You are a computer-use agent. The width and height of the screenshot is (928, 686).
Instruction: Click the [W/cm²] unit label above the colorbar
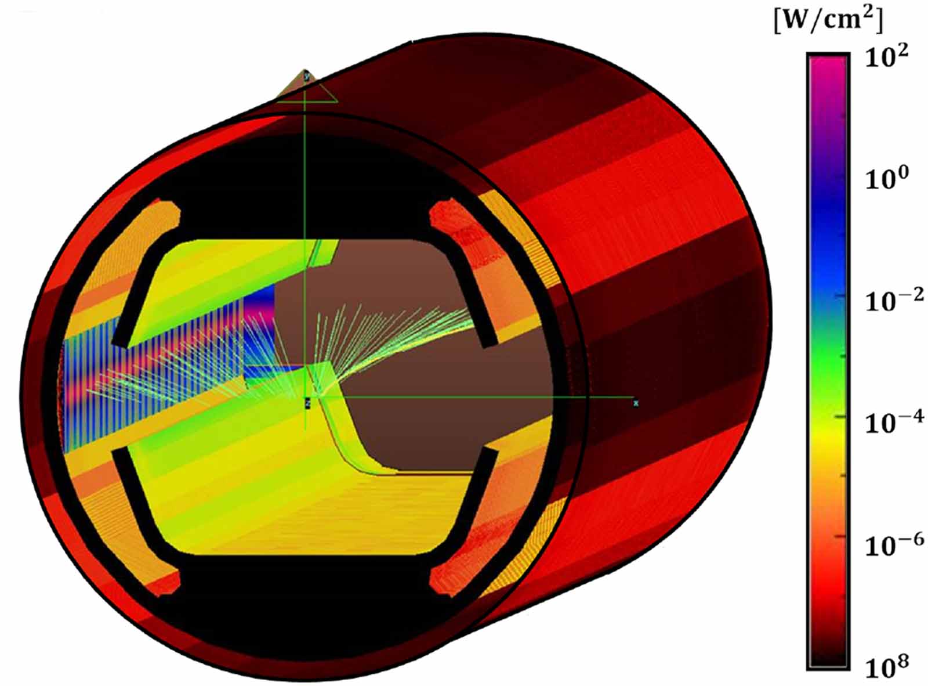[828, 22]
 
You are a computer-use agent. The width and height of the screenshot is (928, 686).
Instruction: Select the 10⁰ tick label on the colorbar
[884, 179]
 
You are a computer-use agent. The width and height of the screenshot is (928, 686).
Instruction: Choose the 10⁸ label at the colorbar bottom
[884, 666]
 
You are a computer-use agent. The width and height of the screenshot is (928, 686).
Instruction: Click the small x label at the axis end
[636, 403]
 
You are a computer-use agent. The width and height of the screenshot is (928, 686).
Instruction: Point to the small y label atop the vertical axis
[306, 75]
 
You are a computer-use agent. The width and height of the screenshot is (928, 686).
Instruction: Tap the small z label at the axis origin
[308, 401]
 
